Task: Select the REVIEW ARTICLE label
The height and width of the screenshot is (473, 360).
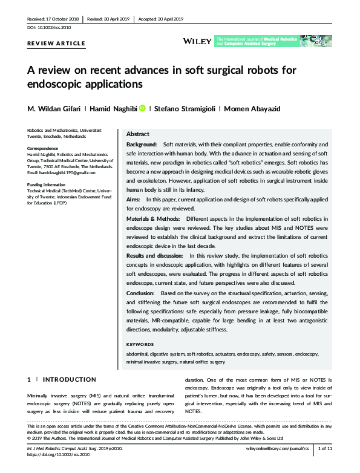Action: [56, 44]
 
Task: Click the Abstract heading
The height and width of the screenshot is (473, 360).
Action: [137, 134]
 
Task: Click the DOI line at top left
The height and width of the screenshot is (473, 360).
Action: [41, 27]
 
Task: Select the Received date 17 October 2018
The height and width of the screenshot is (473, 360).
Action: [53, 19]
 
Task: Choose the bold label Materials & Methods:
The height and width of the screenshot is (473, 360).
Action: [153, 218]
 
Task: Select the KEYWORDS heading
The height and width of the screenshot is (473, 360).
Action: [141, 344]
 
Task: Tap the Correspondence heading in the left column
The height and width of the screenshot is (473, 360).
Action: [44, 148]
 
